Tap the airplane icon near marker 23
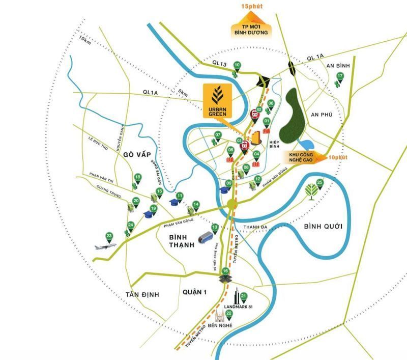pyautogui.click(x=105, y=246)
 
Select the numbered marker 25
pyautogui.click(x=320, y=182)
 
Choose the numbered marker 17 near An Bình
pyautogui.click(x=340, y=77)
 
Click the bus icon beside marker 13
pyautogui.click(x=205, y=237)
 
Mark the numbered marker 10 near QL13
pyautogui.click(x=237, y=65)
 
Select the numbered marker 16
pyautogui.click(x=225, y=271)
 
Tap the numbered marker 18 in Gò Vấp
pyautogui.click(x=137, y=178)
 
